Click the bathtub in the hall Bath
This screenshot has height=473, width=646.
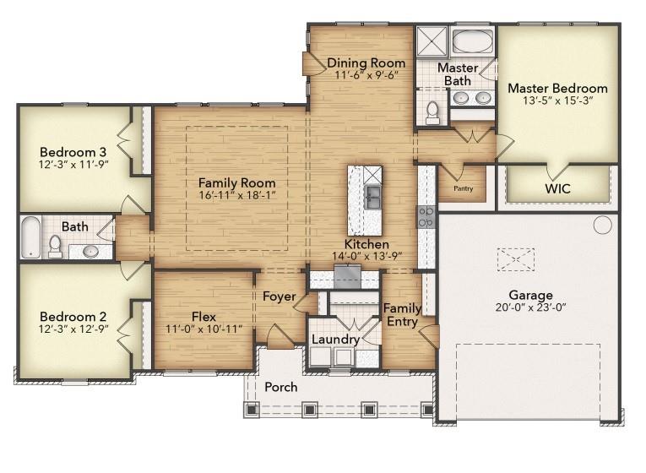(x=30, y=237)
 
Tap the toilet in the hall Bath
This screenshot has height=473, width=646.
(x=56, y=246)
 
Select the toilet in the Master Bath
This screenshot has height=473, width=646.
(x=432, y=111)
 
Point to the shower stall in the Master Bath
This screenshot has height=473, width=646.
(x=430, y=41)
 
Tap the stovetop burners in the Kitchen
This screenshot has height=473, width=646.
(x=426, y=217)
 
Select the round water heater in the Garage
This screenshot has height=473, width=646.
(x=602, y=225)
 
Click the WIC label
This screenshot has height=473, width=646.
(x=557, y=188)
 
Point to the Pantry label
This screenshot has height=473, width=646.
(x=463, y=188)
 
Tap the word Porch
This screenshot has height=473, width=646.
(x=281, y=388)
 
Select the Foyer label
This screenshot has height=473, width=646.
(x=279, y=296)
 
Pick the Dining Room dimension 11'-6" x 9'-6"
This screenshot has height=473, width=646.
(x=366, y=75)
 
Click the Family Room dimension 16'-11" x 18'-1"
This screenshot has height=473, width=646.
(x=236, y=195)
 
